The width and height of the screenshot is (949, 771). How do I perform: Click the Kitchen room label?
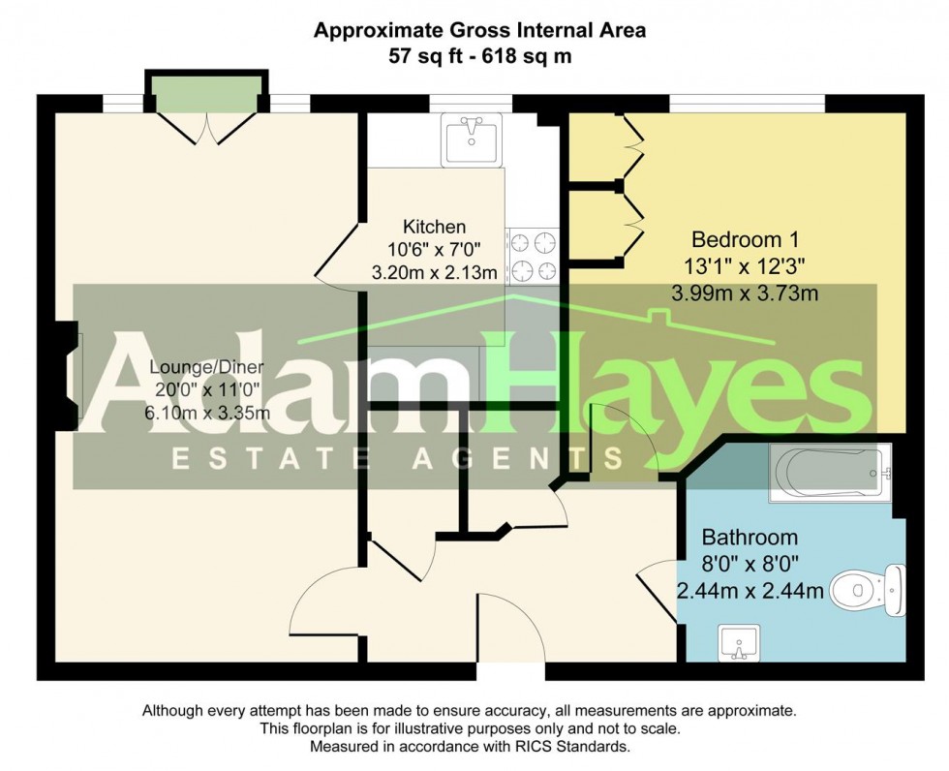pyautogui.click(x=435, y=228)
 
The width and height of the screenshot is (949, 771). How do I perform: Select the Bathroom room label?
pyautogui.click(x=750, y=537)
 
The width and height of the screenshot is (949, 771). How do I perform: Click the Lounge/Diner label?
pyautogui.click(x=209, y=367)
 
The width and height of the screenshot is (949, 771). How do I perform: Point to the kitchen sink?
pyautogui.click(x=472, y=138)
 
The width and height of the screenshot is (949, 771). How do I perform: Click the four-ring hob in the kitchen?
pyautogui.click(x=533, y=255)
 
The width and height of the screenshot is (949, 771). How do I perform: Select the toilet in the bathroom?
pyautogui.click(x=868, y=588)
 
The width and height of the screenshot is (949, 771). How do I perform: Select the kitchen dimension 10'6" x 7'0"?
pyautogui.click(x=435, y=250)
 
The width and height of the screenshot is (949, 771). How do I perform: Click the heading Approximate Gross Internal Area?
pyautogui.click(x=479, y=31)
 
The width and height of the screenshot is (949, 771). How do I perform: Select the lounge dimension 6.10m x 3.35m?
pyautogui.click(x=209, y=414)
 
